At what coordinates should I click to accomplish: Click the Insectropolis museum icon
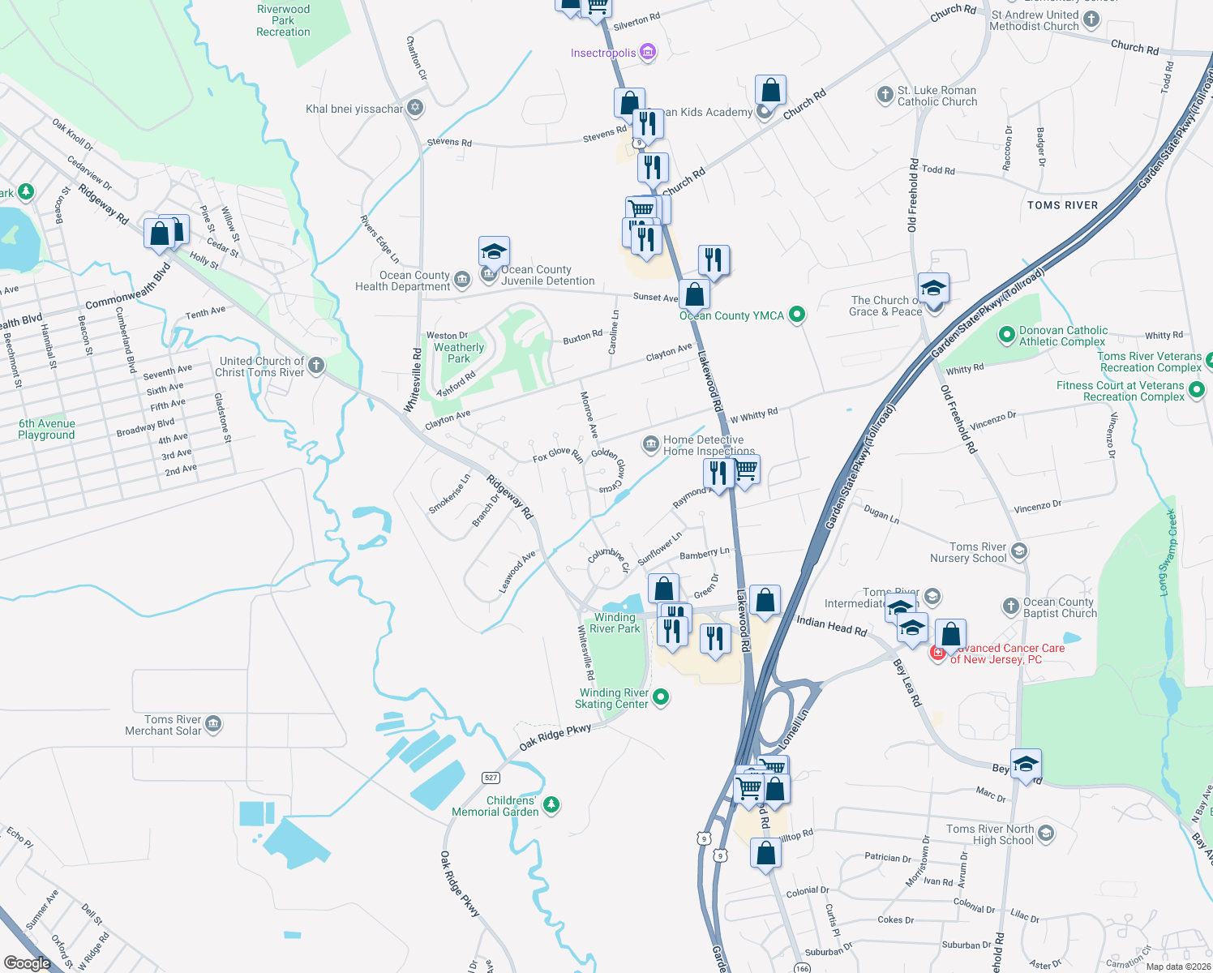point(647,53)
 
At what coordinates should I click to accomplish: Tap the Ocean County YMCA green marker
point(797,315)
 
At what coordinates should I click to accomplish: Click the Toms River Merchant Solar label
point(163,725)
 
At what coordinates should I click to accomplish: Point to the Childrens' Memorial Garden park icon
point(551,804)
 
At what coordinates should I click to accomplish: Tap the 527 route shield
point(491,778)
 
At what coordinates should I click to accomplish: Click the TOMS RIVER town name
point(1062,205)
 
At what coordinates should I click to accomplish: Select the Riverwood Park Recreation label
point(283,21)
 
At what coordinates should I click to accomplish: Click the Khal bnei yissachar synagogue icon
point(415,107)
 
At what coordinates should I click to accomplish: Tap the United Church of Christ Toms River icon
point(316,365)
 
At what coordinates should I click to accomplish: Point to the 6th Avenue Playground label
point(46,429)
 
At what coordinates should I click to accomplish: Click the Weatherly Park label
point(459,353)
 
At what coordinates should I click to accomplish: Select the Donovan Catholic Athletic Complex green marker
point(1006,334)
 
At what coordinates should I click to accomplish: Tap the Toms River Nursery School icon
point(1019,551)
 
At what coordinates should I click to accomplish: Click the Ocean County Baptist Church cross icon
point(1010,606)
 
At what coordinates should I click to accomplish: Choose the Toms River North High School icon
point(1046,833)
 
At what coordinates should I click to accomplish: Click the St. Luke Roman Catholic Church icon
point(885,95)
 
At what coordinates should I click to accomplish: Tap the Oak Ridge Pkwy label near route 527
point(555,736)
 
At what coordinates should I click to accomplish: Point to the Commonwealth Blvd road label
point(127,289)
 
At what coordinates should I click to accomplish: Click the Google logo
point(28,963)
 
